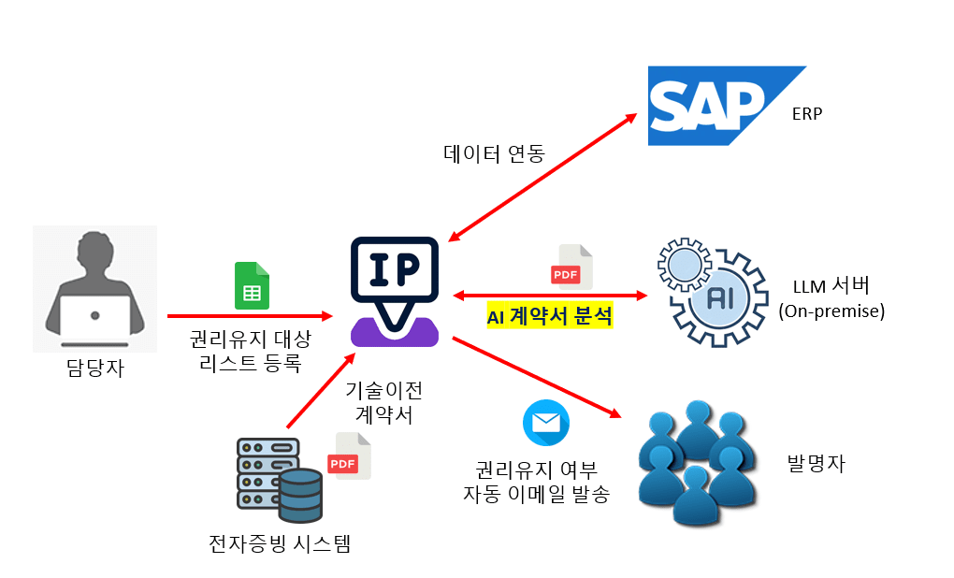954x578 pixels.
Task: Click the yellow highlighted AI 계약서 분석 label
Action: [x=550, y=317]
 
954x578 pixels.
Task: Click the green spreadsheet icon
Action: [x=252, y=286]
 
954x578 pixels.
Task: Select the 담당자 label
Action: [x=94, y=368]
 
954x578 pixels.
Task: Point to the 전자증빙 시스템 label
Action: [x=280, y=542]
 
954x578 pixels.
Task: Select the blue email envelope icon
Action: [x=546, y=422]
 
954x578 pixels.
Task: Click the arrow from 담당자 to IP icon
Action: [x=250, y=316]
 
